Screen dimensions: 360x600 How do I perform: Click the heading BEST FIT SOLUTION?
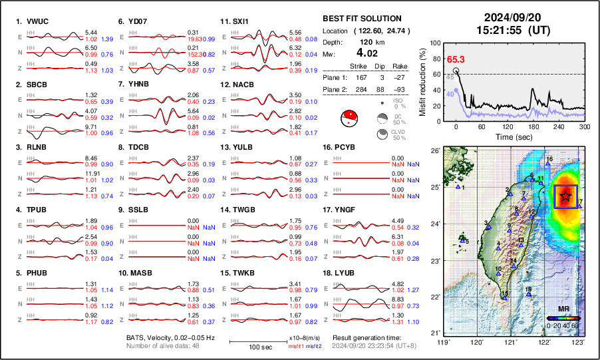click(361, 19)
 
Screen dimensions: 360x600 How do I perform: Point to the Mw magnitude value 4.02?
click(367, 53)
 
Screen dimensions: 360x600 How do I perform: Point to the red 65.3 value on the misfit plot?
click(454, 60)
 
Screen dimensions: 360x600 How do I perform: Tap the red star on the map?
click(565, 196)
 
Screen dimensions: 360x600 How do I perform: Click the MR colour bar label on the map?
click(563, 310)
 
